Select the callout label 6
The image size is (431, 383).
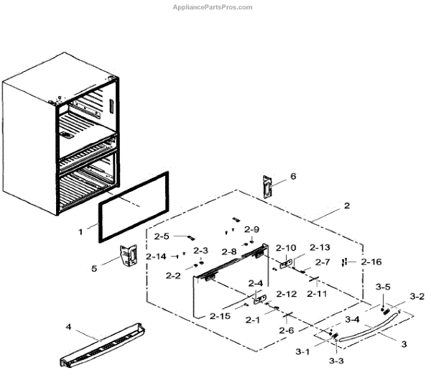click(292, 176)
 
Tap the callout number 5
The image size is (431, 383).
click(93, 269)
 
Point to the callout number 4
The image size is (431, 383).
click(69, 327)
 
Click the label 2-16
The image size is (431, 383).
click(371, 262)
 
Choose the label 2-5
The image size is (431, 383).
click(162, 236)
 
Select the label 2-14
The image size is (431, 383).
click(156, 256)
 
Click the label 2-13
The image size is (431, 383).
click(320, 246)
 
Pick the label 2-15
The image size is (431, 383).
click(221, 316)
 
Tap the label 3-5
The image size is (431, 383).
click(383, 287)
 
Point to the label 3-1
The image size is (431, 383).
click(302, 351)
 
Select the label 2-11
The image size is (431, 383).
click(317, 293)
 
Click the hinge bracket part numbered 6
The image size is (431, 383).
click(268, 188)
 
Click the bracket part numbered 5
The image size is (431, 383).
click(129, 256)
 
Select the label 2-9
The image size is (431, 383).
click(251, 229)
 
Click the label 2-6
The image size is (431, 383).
click(287, 330)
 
